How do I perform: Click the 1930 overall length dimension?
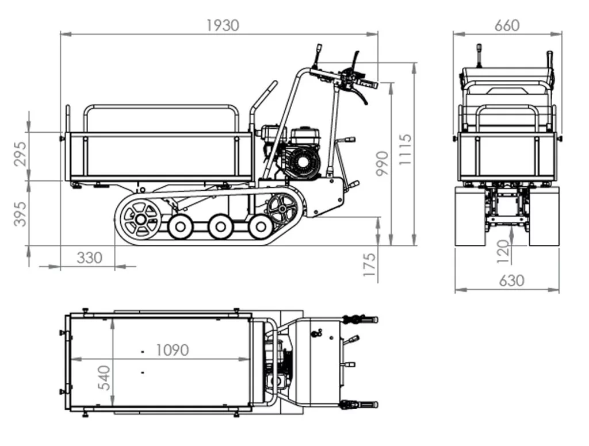(x=222, y=25)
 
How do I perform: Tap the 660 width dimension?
(x=506, y=25)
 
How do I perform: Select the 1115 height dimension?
(x=406, y=149)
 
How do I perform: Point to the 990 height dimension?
(x=382, y=163)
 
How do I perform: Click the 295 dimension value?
(x=20, y=154)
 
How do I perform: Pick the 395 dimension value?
(x=20, y=213)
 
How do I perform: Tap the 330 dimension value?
(x=89, y=257)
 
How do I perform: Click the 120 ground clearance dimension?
(x=503, y=252)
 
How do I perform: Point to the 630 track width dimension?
(x=511, y=280)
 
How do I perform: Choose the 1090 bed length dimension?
(x=172, y=349)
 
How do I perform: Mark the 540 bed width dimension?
(x=105, y=377)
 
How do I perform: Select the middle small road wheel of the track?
(x=220, y=226)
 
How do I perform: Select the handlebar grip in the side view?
(x=368, y=84)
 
